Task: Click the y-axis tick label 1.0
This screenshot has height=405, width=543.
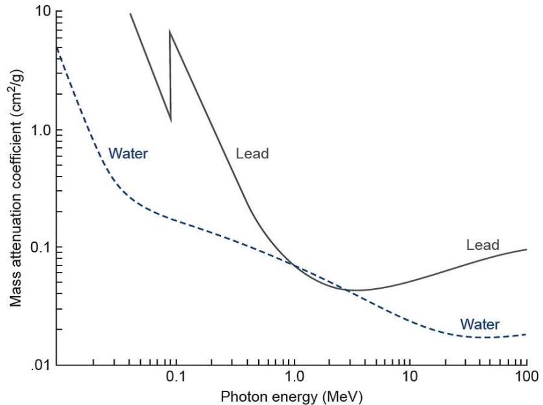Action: (x=41, y=130)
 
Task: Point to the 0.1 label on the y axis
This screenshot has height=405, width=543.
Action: (x=41, y=247)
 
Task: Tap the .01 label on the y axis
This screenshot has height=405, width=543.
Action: (x=42, y=366)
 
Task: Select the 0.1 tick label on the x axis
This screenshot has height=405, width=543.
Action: (x=176, y=376)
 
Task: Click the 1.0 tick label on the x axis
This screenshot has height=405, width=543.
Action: (x=294, y=376)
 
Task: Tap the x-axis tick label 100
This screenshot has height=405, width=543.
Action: (x=526, y=376)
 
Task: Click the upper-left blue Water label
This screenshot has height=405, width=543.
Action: (x=128, y=153)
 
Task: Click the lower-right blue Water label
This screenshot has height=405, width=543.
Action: (x=480, y=325)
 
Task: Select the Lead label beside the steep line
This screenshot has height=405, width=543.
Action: (x=252, y=153)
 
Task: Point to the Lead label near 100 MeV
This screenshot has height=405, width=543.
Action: (x=483, y=245)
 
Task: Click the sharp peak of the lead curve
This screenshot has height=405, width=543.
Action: (x=170, y=31)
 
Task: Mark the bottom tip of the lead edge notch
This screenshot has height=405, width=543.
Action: (x=171, y=121)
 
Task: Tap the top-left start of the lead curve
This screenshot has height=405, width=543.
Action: (x=130, y=14)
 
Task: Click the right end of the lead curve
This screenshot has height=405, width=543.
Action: (x=526, y=249)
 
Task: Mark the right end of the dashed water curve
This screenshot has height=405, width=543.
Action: (x=526, y=334)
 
